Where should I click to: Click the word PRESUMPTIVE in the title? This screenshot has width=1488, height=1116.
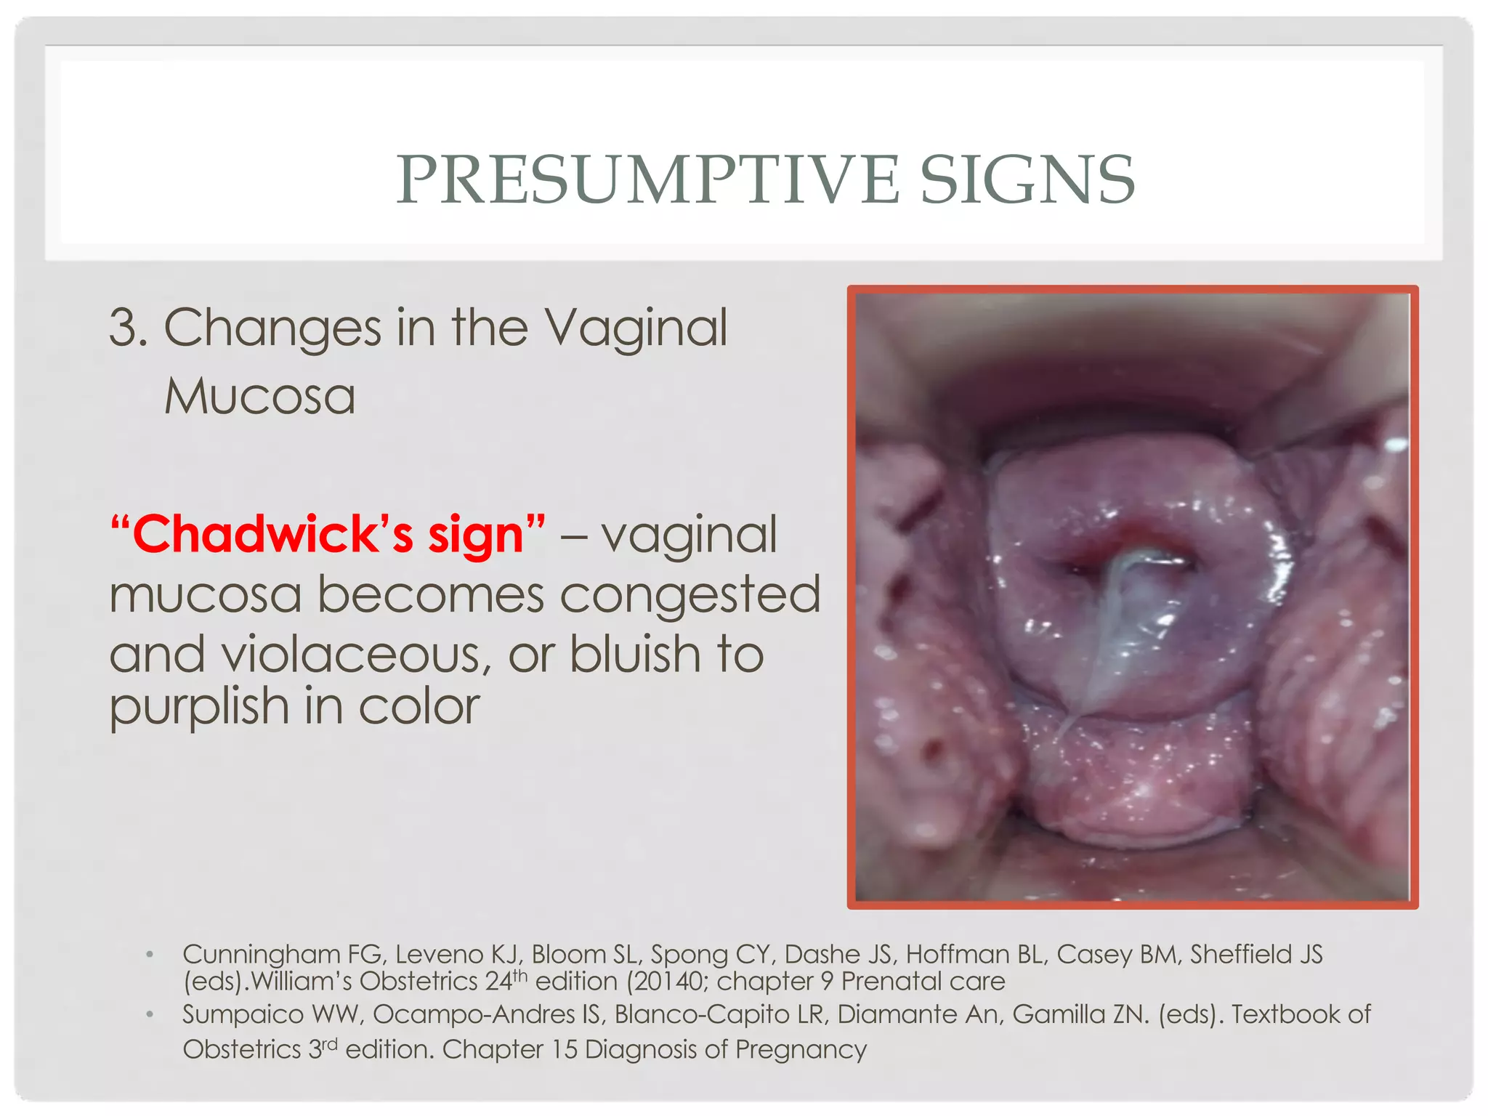647,180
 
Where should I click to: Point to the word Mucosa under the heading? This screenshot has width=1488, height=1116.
259,397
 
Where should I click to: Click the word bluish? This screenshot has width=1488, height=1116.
634,655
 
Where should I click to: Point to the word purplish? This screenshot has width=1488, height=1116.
198,707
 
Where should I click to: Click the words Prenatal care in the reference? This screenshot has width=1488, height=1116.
923,982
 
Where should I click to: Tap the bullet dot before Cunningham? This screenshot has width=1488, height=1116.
149,955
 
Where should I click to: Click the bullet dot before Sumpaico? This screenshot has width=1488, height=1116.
149,1015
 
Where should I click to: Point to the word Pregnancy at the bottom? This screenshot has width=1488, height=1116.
801,1050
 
